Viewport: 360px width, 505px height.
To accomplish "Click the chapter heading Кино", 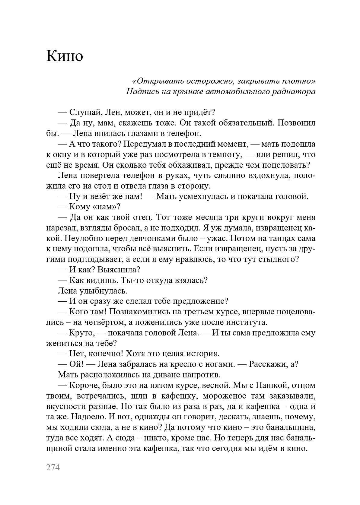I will click(65, 56).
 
